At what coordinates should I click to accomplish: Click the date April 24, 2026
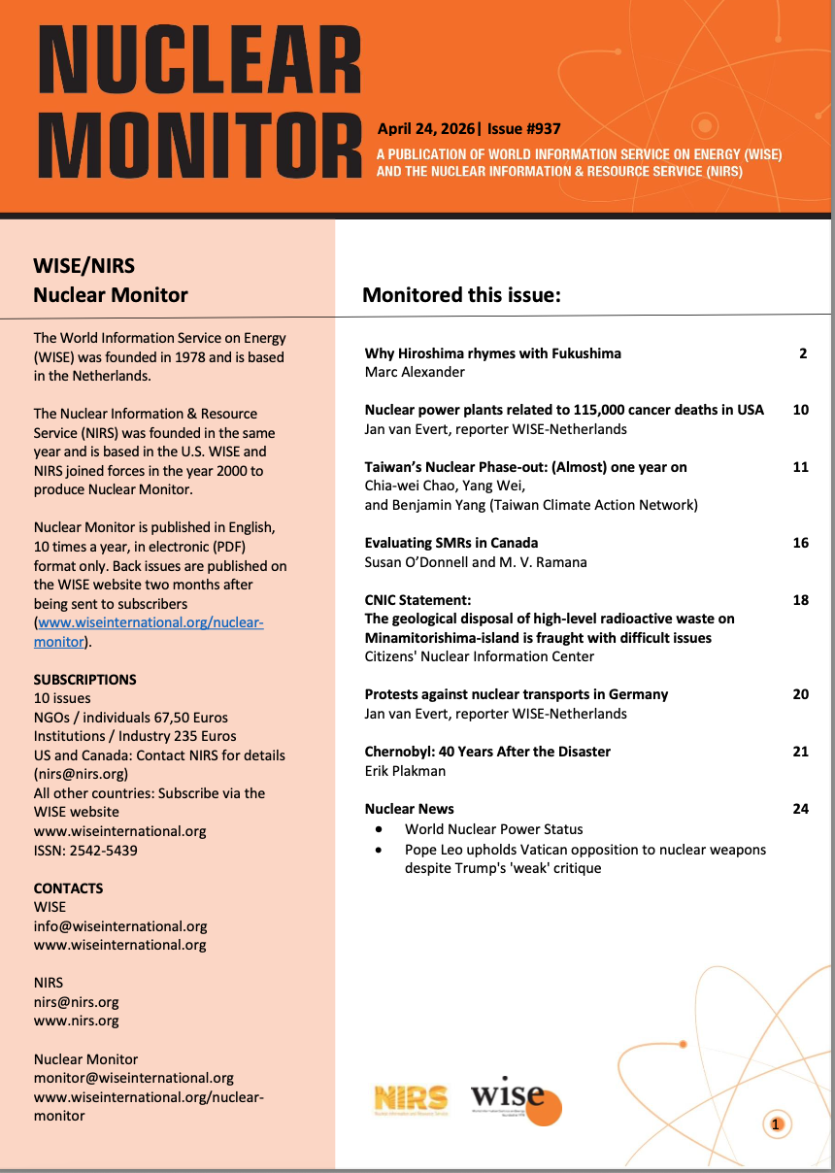click(x=425, y=128)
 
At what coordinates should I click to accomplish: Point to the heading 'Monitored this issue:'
click(x=461, y=295)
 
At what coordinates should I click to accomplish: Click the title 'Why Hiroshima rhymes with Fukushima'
click(x=492, y=353)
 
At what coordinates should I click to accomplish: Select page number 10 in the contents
click(x=800, y=410)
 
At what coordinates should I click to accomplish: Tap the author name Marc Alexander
click(x=415, y=372)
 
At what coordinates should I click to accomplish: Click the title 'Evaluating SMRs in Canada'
click(x=451, y=543)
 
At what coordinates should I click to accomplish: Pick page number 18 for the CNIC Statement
click(x=800, y=600)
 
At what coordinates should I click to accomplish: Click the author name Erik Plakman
click(x=405, y=771)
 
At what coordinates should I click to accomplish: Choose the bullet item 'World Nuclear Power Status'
click(x=493, y=829)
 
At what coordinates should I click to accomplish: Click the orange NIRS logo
click(x=411, y=1098)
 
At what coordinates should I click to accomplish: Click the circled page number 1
click(x=775, y=1124)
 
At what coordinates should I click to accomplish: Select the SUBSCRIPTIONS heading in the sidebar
click(x=84, y=680)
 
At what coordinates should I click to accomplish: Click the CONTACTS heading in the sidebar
click(x=68, y=888)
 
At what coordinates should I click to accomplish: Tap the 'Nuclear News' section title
click(x=409, y=809)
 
